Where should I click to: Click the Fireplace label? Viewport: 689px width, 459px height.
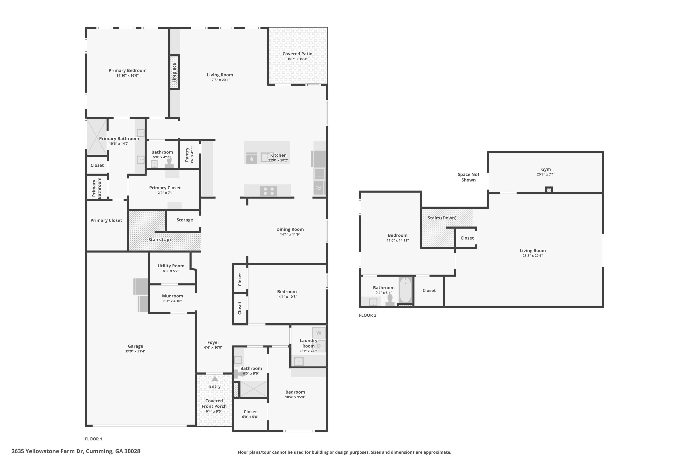[x=174, y=72]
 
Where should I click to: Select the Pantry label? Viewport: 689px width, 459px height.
[x=187, y=154]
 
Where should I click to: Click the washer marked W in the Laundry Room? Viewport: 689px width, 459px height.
[x=319, y=333]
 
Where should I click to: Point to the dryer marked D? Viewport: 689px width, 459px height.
[x=319, y=346]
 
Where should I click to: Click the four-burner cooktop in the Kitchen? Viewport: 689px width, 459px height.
[x=269, y=191]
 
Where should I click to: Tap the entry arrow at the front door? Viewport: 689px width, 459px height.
[x=215, y=379]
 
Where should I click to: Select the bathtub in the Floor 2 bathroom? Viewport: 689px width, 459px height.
[x=405, y=290]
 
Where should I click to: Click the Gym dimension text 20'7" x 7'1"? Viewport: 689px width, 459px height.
[x=546, y=174]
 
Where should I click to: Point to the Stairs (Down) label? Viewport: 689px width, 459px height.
[x=442, y=218]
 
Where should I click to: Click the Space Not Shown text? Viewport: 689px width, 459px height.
[x=469, y=177]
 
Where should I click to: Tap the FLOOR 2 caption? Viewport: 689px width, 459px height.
[x=368, y=315]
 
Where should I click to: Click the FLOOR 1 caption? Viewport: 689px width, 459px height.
[x=93, y=439]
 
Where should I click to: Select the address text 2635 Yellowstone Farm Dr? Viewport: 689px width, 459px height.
[x=48, y=451]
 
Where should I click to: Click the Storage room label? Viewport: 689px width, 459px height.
[x=185, y=220]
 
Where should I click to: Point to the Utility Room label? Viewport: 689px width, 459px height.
[x=171, y=266]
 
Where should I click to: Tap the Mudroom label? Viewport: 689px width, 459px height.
[x=172, y=296]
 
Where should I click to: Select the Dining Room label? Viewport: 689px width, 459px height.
[x=290, y=229]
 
